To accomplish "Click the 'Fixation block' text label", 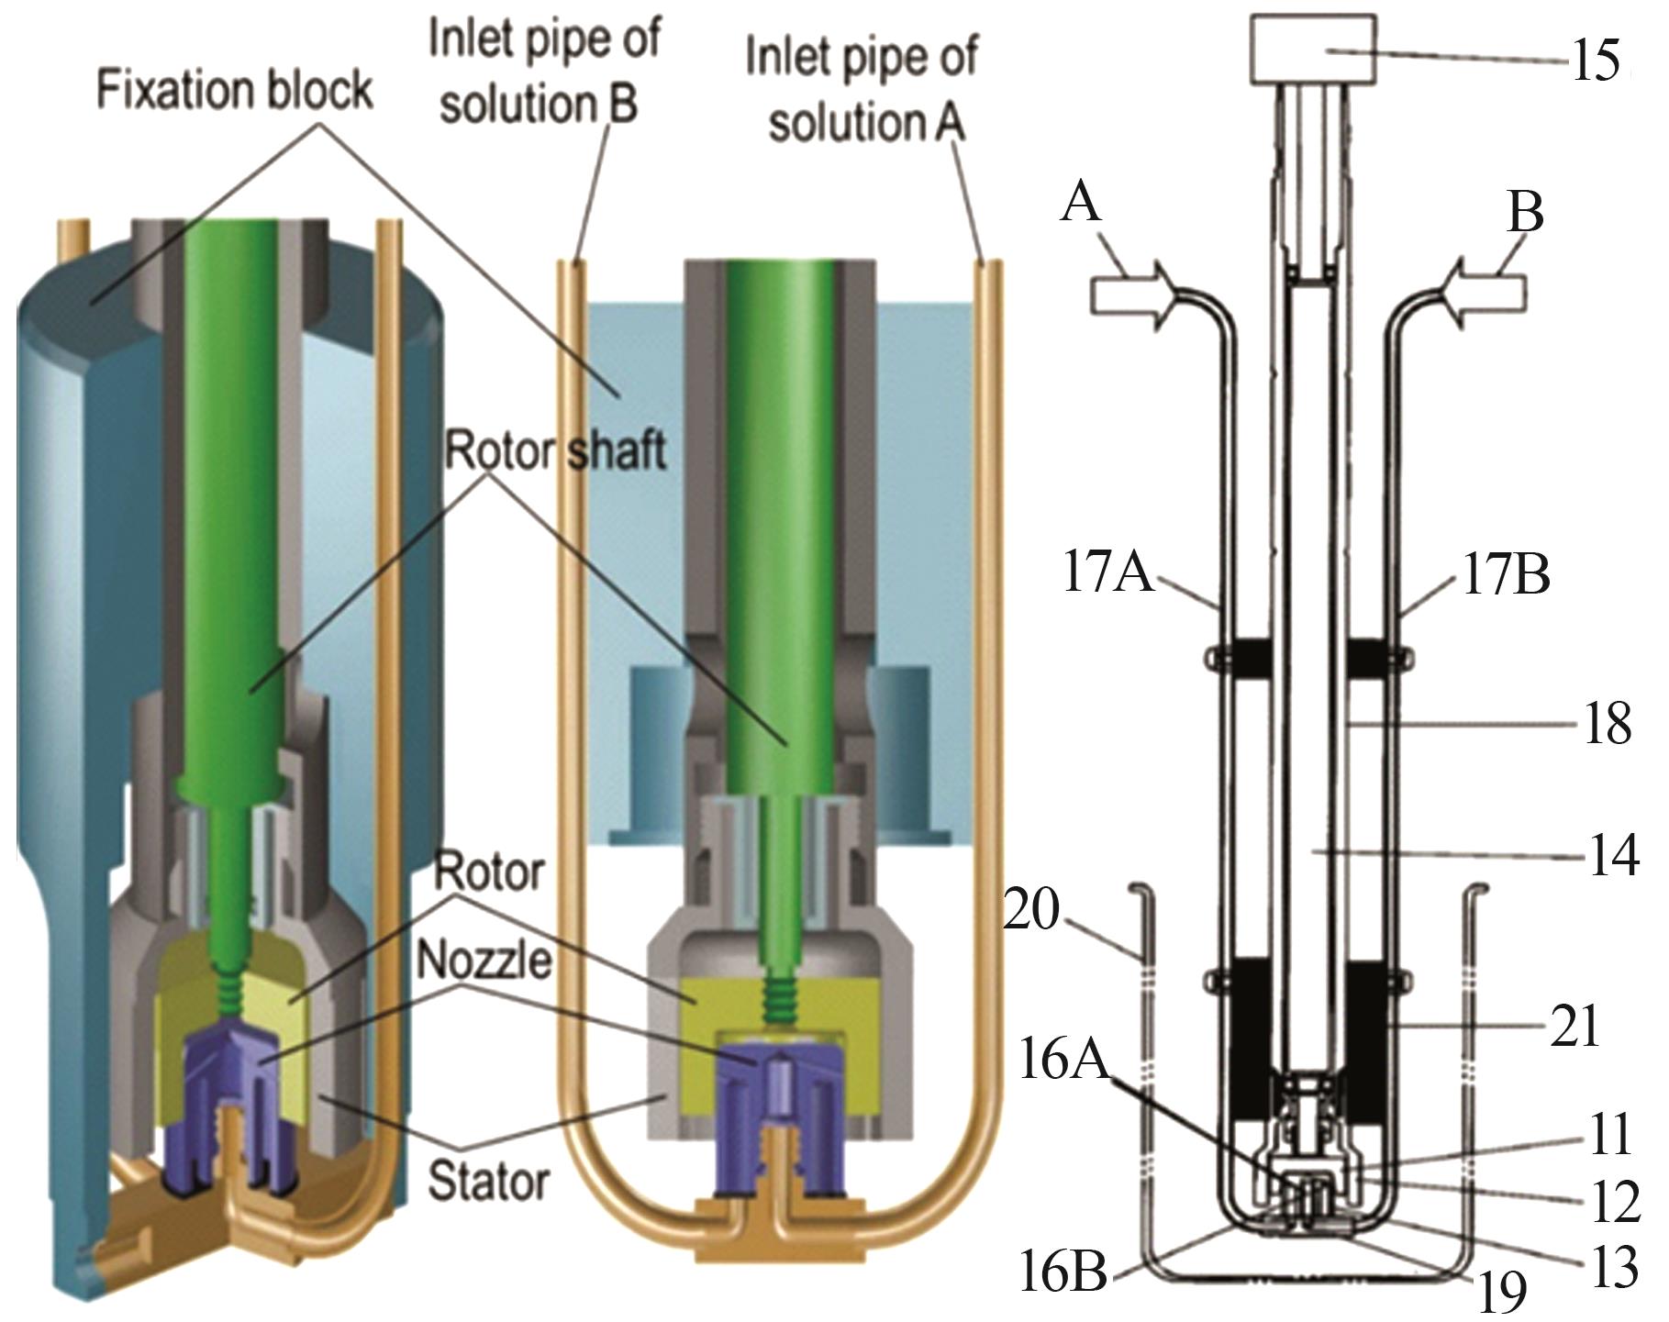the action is (x=235, y=92).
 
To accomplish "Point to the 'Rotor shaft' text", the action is (x=556, y=450).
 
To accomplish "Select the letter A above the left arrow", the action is (x=1081, y=201).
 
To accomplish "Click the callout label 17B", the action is (x=1506, y=576).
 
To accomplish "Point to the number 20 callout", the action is (x=1031, y=912).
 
